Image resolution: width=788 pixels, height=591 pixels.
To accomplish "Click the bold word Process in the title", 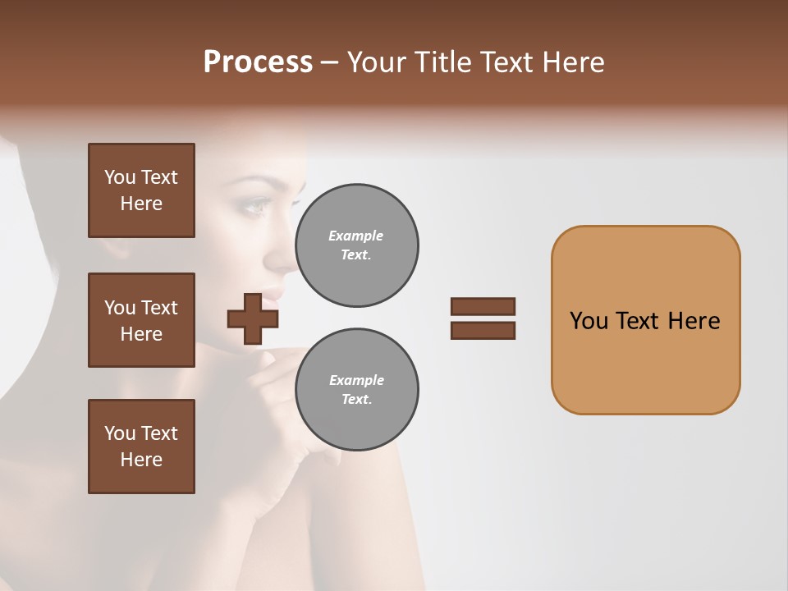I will pyautogui.click(x=258, y=62).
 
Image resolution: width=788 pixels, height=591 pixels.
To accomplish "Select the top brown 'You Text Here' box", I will pyautogui.click(x=141, y=190).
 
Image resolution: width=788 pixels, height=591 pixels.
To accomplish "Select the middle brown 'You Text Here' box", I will pyautogui.click(x=141, y=320).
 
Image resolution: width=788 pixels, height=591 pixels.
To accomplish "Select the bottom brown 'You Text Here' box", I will pyautogui.click(x=141, y=447).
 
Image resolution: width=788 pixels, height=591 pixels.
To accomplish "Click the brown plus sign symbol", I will pyautogui.click(x=253, y=318).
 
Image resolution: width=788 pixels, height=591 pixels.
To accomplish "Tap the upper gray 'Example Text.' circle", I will pyautogui.click(x=356, y=245).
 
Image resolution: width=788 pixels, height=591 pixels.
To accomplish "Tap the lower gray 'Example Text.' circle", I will pyautogui.click(x=356, y=390).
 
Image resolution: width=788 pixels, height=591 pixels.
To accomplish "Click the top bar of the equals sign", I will pyautogui.click(x=483, y=306).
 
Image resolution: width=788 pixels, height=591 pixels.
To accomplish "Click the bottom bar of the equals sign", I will pyautogui.click(x=483, y=331).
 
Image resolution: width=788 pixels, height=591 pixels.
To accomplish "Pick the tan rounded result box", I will pyautogui.click(x=645, y=320).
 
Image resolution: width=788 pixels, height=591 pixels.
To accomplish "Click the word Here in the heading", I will pyautogui.click(x=573, y=62).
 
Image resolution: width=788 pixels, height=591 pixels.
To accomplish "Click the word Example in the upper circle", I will pyautogui.click(x=356, y=236).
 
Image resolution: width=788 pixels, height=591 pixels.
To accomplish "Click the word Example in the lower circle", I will pyautogui.click(x=356, y=381).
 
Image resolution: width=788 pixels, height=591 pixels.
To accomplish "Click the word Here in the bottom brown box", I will pyautogui.click(x=141, y=460).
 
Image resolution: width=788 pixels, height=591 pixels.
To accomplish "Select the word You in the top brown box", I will pyautogui.click(x=120, y=177).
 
